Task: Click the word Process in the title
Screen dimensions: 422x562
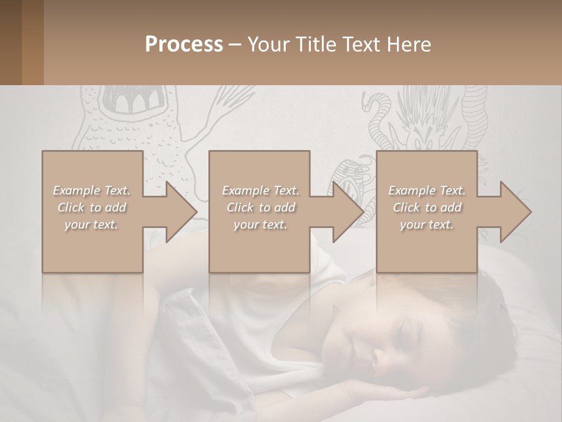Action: [x=184, y=45]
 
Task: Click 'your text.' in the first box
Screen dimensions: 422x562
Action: [x=91, y=224]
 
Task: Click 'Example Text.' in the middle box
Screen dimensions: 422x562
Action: [x=260, y=190]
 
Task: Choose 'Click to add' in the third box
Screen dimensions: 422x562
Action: [x=427, y=207]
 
